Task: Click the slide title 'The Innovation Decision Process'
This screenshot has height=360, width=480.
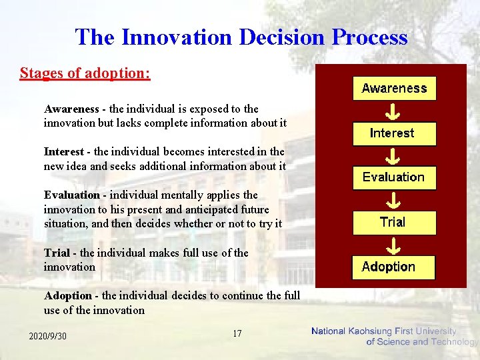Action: point(241,37)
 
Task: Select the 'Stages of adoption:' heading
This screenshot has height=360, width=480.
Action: point(85,73)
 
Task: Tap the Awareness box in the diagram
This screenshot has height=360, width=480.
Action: point(394,88)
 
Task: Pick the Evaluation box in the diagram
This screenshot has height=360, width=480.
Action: point(393,177)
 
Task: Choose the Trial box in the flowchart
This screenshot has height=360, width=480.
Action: point(393,222)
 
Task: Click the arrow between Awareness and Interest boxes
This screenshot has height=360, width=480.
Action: point(393,111)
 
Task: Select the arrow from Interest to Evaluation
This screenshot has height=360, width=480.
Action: point(393,156)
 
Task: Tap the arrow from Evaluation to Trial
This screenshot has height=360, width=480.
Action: point(393,200)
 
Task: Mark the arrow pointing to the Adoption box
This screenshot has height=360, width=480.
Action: point(393,245)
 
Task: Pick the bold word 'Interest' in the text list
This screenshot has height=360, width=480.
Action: point(64,152)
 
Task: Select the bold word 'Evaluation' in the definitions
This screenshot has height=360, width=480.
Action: point(71,195)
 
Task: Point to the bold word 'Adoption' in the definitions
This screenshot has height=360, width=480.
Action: point(67,295)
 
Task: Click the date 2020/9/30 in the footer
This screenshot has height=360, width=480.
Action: point(47,336)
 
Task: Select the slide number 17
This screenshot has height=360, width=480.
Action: point(237,333)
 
